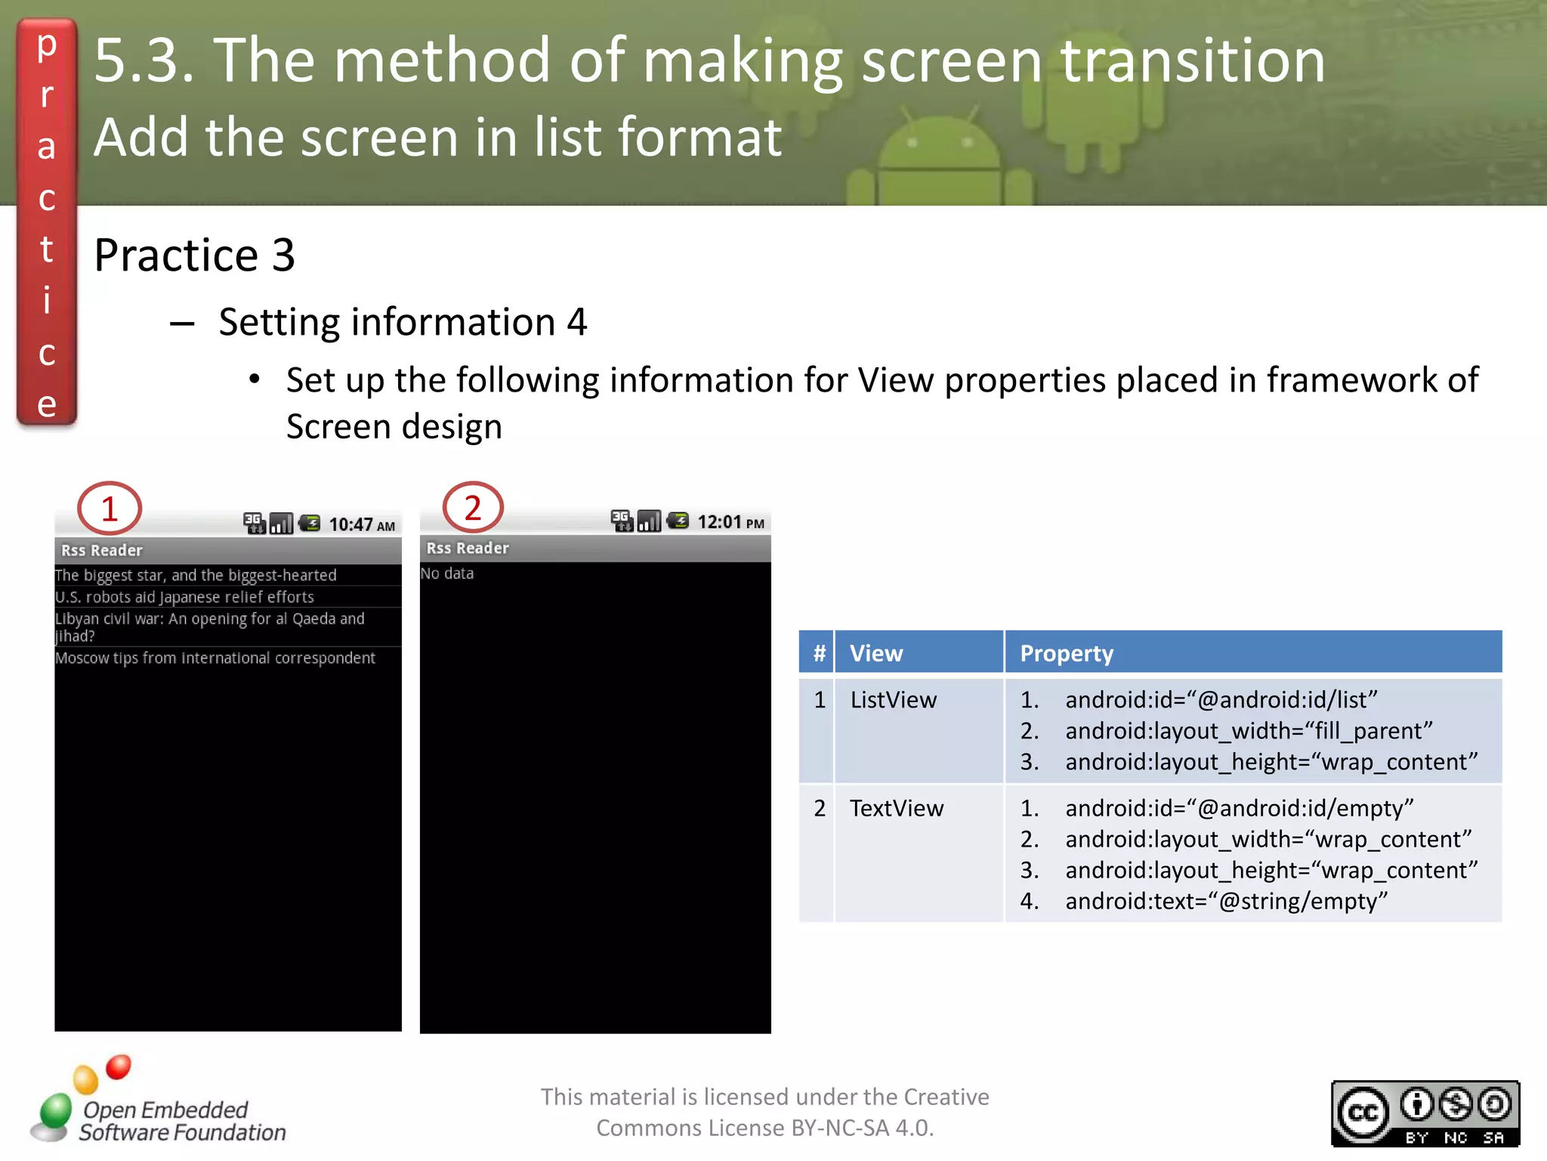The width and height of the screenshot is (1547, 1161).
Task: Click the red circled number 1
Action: (x=110, y=508)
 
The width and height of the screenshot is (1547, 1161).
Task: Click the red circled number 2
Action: (x=473, y=507)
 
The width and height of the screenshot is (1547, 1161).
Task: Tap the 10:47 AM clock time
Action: (x=362, y=525)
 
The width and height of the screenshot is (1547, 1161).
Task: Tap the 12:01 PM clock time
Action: (x=730, y=522)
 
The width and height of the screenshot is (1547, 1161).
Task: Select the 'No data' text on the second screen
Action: (x=447, y=574)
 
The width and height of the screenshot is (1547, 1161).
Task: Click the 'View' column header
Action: (x=876, y=653)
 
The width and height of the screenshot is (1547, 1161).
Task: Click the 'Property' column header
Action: (x=1067, y=653)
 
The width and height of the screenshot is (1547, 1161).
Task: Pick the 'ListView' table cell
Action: (x=893, y=700)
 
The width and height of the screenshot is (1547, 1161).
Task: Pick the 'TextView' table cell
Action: (x=897, y=808)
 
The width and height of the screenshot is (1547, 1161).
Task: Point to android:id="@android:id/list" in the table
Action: (x=1221, y=700)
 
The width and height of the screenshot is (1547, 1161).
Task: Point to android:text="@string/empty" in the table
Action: (x=1226, y=901)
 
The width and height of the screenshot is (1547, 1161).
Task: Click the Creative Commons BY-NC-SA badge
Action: (x=1425, y=1113)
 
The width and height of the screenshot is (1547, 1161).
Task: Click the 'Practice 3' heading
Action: (x=194, y=255)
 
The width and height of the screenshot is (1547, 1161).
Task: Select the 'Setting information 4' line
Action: (x=403, y=322)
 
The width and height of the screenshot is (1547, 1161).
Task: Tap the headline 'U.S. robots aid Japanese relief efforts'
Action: (x=184, y=597)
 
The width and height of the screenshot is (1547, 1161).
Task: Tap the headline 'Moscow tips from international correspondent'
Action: (x=215, y=658)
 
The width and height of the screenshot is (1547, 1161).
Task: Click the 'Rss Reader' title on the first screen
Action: (x=102, y=550)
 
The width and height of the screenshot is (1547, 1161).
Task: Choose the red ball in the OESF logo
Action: (x=119, y=1067)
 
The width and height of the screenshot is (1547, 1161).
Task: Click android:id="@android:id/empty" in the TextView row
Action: (x=1239, y=808)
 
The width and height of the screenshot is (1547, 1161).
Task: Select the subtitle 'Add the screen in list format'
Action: (x=438, y=137)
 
